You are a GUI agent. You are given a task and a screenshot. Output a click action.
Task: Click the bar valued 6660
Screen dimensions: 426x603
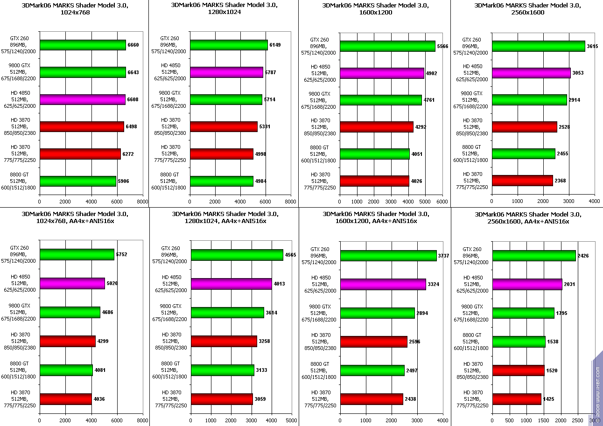[x=83, y=45]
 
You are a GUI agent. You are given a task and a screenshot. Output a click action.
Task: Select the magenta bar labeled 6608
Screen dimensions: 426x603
[x=82, y=99]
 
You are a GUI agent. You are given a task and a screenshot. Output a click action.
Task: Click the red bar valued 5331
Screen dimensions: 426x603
[x=224, y=126]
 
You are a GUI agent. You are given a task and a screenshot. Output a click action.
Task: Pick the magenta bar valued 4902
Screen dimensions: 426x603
[x=382, y=73]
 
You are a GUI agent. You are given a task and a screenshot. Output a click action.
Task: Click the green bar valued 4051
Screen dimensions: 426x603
[x=374, y=154]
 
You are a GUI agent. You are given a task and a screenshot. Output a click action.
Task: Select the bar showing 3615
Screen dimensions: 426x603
[x=538, y=46]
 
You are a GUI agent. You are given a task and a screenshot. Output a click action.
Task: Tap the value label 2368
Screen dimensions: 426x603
[x=560, y=181]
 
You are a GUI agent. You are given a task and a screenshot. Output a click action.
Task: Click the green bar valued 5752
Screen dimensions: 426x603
[x=77, y=254]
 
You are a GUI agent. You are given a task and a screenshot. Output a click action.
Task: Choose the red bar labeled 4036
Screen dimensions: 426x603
[x=65, y=399]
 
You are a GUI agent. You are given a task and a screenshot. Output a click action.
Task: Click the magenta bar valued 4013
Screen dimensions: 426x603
[x=231, y=284]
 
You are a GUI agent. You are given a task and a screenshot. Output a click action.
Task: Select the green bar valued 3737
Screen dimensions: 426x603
[x=388, y=256]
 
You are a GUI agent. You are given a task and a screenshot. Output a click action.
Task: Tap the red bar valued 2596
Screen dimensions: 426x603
[x=373, y=342]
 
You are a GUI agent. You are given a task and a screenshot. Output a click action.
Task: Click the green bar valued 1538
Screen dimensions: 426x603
[x=519, y=342]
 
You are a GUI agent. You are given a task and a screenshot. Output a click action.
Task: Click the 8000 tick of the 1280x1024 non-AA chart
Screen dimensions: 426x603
[x=290, y=202]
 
